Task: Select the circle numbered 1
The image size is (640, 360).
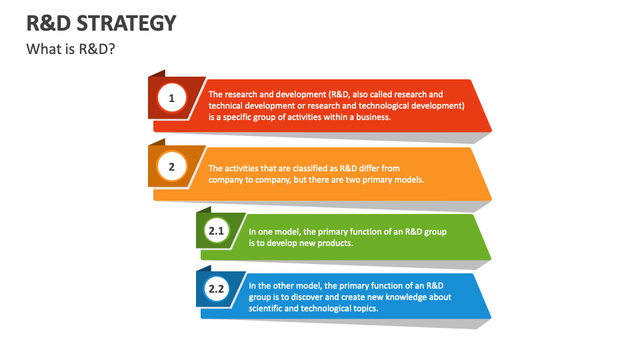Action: [x=171, y=99]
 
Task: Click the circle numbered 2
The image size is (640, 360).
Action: [x=171, y=167]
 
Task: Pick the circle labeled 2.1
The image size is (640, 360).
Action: [x=216, y=231]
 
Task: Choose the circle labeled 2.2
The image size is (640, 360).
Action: [x=216, y=289]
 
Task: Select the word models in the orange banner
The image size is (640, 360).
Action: [x=408, y=180]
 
